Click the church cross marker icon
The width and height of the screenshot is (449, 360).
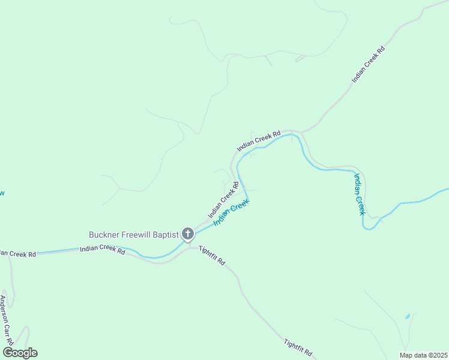point(188,234)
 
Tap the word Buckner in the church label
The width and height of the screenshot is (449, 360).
point(105,234)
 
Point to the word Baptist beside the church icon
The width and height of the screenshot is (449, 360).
point(166,234)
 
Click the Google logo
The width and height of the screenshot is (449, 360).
point(20,353)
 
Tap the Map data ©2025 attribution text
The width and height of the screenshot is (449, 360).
point(423,355)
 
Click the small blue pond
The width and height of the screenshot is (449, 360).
point(408,316)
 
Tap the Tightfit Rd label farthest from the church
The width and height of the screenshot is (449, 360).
point(298,346)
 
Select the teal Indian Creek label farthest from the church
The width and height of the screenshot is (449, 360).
point(359,194)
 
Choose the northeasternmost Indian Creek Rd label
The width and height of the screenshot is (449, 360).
point(368,64)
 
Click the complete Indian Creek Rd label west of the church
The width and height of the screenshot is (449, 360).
point(102,250)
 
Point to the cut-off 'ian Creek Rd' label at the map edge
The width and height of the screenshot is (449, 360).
point(18,254)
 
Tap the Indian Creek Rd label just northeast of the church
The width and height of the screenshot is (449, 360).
point(223,199)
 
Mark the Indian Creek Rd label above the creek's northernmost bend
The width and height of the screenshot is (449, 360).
point(259,142)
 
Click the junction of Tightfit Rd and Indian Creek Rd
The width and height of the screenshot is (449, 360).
point(190,247)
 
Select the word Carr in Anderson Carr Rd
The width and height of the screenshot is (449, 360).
point(6,322)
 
